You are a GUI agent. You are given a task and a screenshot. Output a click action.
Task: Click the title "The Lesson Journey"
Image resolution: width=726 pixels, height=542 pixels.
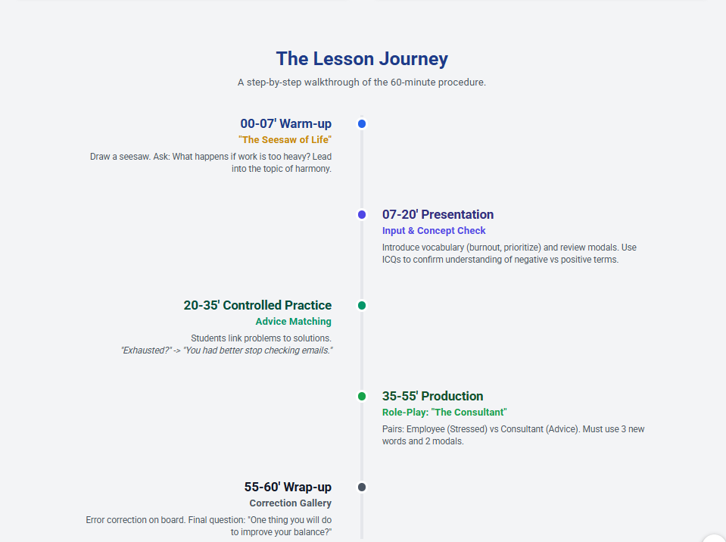pos(362,59)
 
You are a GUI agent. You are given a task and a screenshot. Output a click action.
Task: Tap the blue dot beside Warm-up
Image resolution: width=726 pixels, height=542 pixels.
pos(362,123)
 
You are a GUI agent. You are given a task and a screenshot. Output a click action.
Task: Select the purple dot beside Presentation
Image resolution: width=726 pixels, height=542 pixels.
pos(362,214)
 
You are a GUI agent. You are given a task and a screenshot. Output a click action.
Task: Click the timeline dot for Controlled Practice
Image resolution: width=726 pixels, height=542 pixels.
pos(362,305)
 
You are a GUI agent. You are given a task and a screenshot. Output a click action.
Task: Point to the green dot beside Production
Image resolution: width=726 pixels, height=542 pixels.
pos(362,396)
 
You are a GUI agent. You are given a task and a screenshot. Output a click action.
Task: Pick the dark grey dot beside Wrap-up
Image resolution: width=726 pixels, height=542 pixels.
pos(362,487)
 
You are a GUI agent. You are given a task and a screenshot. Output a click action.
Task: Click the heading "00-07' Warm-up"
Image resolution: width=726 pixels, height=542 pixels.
pos(285,123)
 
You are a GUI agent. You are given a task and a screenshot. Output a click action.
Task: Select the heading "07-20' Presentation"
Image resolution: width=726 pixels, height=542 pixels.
pos(438,214)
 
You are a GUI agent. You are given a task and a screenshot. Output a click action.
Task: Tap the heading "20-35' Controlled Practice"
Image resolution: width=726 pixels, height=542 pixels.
pos(257,305)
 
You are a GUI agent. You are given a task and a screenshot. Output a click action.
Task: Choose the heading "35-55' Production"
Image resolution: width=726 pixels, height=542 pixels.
pos(432,396)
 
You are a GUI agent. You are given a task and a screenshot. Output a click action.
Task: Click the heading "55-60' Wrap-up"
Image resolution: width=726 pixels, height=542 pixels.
pos(288,487)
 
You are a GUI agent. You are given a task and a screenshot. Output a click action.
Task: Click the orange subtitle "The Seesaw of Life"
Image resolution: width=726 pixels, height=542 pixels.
pos(285,140)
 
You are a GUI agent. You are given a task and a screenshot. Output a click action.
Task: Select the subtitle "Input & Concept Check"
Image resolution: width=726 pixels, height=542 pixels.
pos(434,230)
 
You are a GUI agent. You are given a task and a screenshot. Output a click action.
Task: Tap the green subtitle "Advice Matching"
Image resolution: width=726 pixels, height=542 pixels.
pos(294,321)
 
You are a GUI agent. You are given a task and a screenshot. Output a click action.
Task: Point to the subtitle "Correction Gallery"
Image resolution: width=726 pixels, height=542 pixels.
pos(290,503)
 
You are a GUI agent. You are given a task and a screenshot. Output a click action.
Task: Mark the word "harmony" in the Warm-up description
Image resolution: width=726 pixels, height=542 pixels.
pos(315,169)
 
